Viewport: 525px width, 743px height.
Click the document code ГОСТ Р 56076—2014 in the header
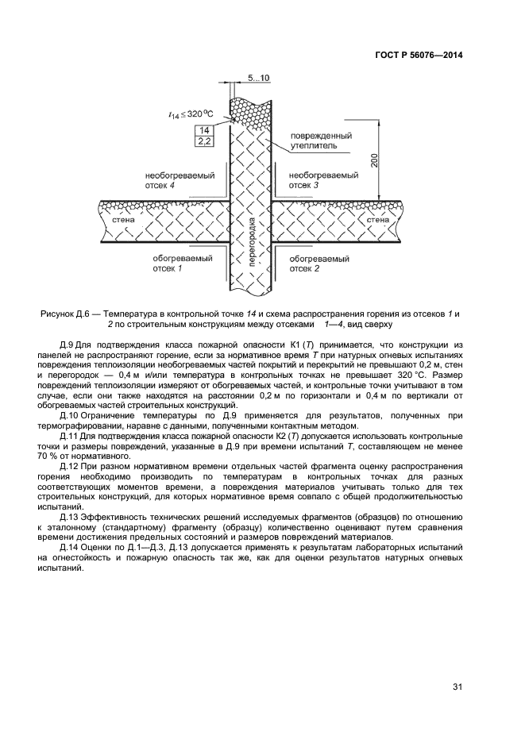[418, 56]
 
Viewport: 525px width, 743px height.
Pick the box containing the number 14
[204, 130]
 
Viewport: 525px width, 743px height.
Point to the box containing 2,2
[204, 141]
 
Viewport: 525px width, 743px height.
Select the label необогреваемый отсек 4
[170, 179]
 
